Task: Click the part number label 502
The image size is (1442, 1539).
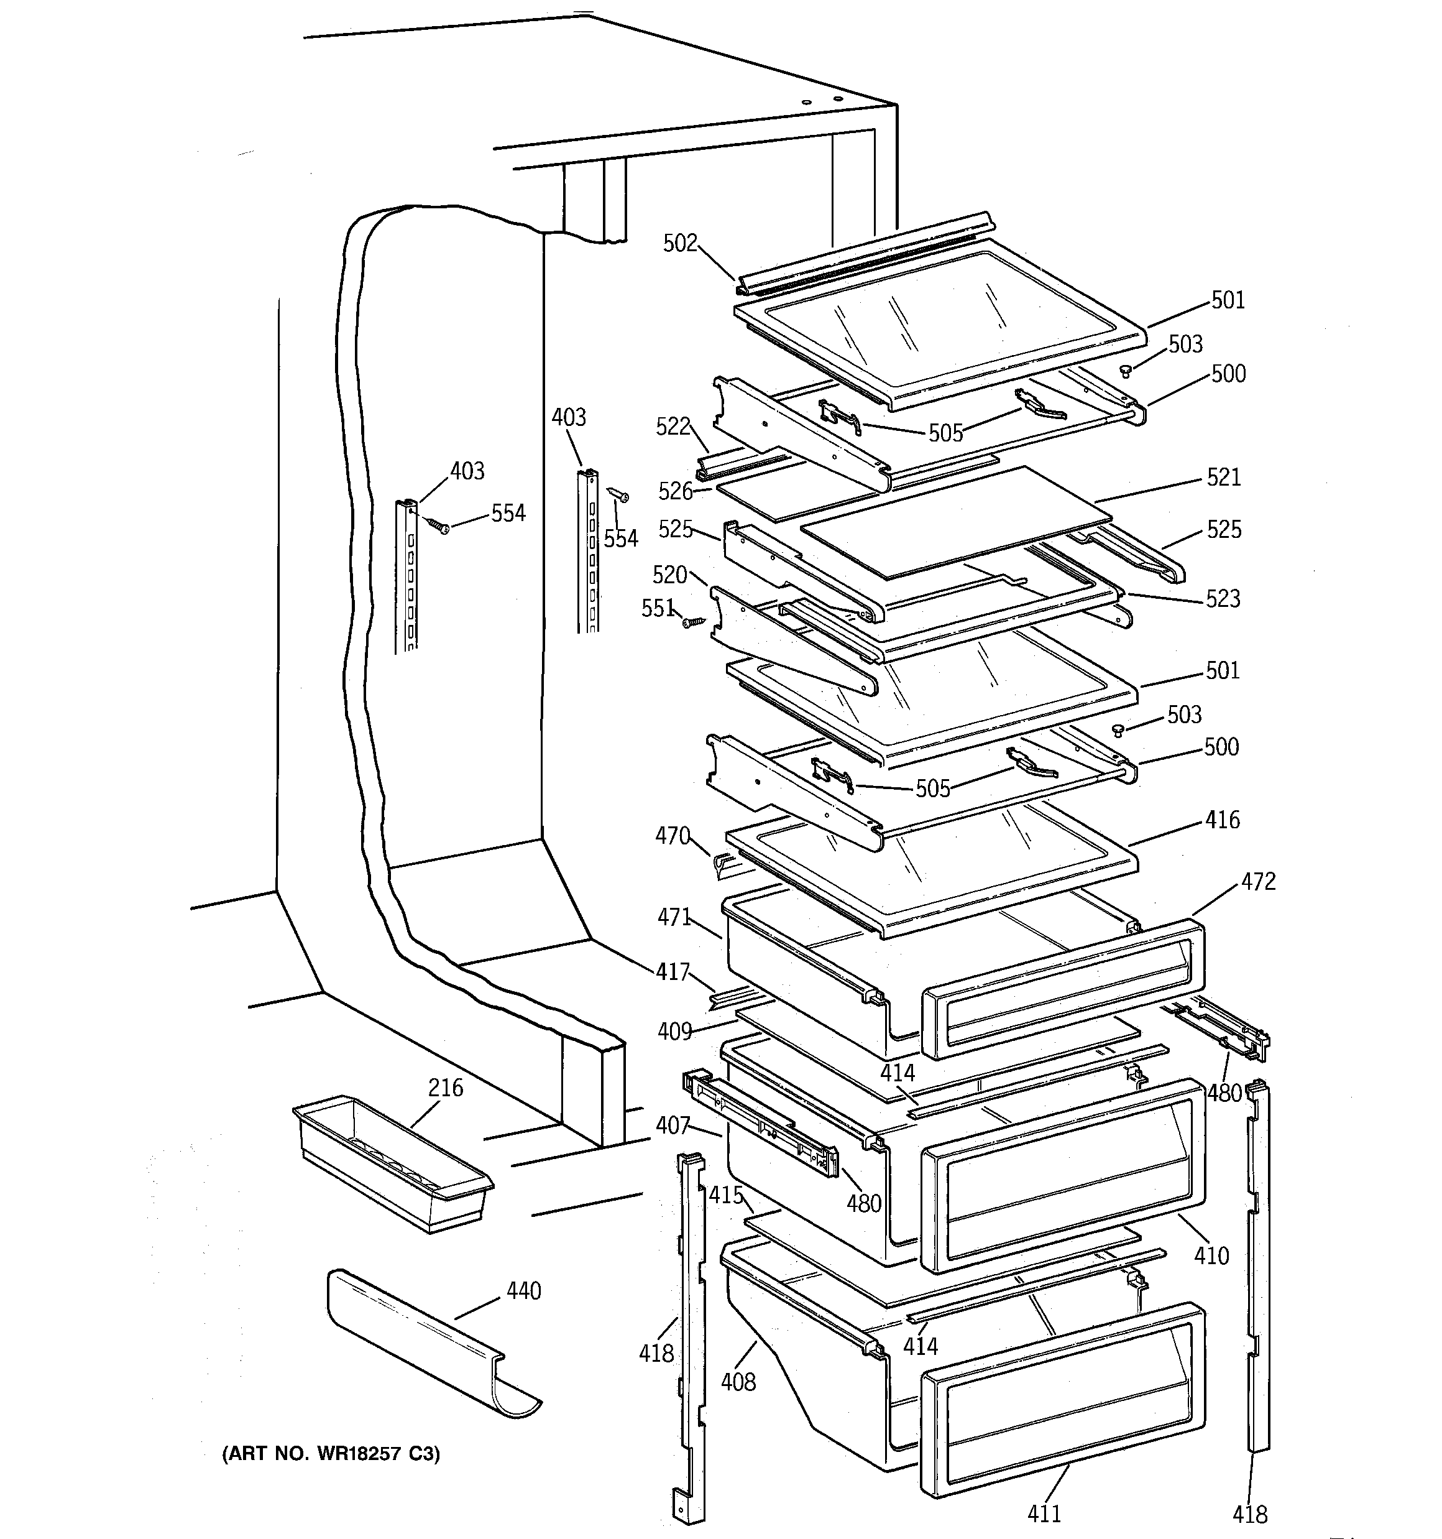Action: click(x=679, y=243)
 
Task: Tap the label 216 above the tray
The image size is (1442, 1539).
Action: click(x=446, y=1088)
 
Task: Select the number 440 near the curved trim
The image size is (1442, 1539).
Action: click(x=523, y=1290)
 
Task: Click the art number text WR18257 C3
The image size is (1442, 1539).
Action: click(x=331, y=1454)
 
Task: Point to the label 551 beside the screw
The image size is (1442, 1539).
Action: click(x=657, y=609)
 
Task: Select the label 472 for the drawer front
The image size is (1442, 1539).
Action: click(x=1258, y=881)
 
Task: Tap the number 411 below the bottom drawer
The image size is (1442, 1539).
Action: click(x=1044, y=1512)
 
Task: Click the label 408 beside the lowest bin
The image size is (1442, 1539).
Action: click(x=738, y=1381)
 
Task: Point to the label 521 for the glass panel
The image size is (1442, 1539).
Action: click(x=1223, y=477)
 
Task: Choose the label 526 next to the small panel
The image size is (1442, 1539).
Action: click(x=675, y=491)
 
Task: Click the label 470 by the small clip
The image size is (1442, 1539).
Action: click(x=672, y=836)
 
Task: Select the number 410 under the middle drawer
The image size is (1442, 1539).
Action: click(x=1211, y=1255)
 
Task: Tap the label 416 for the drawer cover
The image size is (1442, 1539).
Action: click(x=1222, y=820)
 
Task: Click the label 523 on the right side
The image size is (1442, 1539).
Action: click(x=1222, y=598)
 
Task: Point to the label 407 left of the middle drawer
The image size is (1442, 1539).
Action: click(x=672, y=1125)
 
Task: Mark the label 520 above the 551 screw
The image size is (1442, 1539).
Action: click(x=669, y=575)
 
